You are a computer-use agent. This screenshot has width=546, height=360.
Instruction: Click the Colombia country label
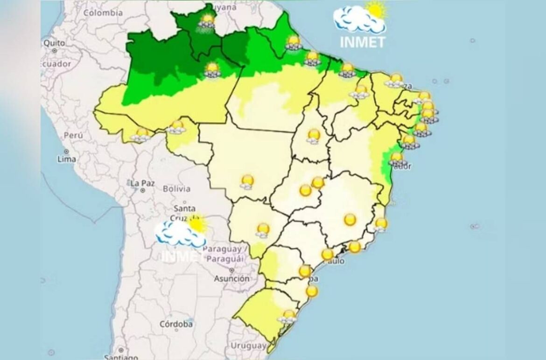pyautogui.click(x=103, y=13)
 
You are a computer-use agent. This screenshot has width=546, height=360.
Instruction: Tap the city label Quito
pyautogui.click(x=54, y=42)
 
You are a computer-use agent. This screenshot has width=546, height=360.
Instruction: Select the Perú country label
pyautogui.click(x=73, y=135)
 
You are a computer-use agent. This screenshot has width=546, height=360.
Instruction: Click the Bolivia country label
pyautogui.click(x=176, y=189)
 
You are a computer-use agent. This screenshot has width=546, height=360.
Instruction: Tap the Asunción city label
pyautogui.click(x=231, y=278)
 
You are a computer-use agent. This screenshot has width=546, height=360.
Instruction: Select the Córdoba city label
pyautogui.click(x=176, y=324)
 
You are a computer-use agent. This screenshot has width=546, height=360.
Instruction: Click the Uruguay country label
pyautogui.click(x=248, y=346)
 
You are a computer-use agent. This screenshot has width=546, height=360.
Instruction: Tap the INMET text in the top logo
pyautogui.click(x=362, y=42)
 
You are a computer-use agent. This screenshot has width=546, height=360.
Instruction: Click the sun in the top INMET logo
pyautogui.click(x=376, y=9)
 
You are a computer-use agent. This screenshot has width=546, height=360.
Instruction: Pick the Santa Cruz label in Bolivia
pyautogui.click(x=185, y=213)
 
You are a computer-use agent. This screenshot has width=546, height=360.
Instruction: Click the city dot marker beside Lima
pyautogui.click(x=67, y=152)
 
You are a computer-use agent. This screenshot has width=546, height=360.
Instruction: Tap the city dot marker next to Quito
pyautogui.click(x=55, y=50)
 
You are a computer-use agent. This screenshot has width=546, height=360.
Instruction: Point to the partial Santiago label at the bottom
pyautogui.click(x=121, y=357)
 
